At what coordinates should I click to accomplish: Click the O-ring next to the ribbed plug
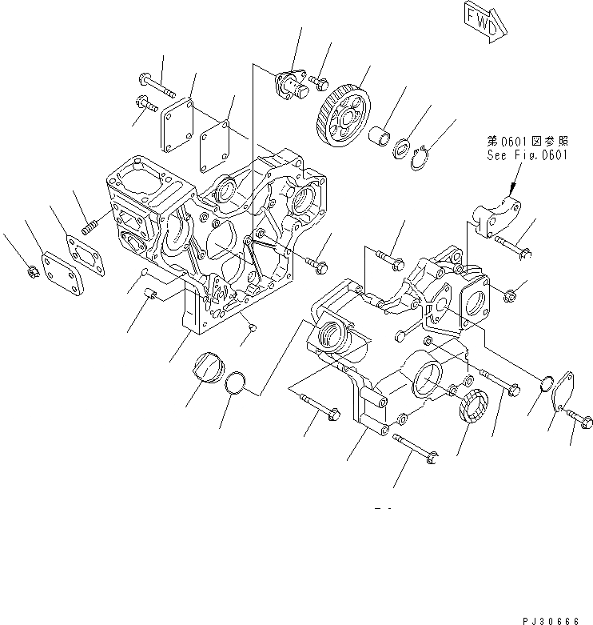pos(233,383)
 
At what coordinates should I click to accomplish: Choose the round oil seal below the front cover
pos(472,403)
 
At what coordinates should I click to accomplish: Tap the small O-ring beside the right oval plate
pos(543,383)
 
